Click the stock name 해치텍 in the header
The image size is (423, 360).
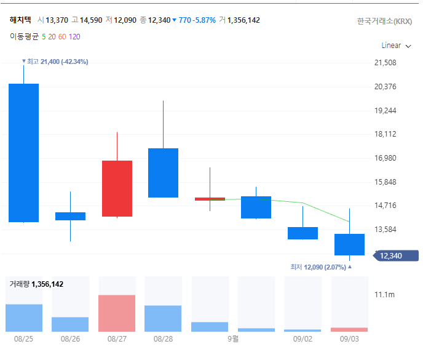click(x=20, y=20)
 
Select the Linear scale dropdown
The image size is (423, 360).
click(x=396, y=46)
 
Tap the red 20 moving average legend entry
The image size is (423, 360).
click(x=52, y=37)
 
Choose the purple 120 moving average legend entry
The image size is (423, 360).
click(x=74, y=37)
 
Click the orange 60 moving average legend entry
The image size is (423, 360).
click(x=62, y=37)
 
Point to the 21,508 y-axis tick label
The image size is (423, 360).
click(x=385, y=63)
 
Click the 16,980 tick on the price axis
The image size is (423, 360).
click(x=385, y=158)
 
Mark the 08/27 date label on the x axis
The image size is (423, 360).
click(x=117, y=339)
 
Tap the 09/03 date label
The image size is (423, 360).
click(x=349, y=339)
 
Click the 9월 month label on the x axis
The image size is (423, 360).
click(x=233, y=338)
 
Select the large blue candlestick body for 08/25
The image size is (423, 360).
click(x=24, y=153)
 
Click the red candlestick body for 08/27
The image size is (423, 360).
click(x=117, y=188)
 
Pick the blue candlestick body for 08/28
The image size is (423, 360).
click(x=163, y=173)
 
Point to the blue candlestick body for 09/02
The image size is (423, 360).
click(x=302, y=233)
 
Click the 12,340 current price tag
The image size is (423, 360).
click(x=396, y=256)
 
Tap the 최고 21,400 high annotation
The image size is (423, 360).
click(x=55, y=62)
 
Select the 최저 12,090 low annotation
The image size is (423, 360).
click(x=321, y=267)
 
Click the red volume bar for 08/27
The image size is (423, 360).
click(x=117, y=313)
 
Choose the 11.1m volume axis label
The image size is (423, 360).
click(x=384, y=295)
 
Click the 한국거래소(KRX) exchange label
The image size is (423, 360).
click(x=385, y=22)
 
